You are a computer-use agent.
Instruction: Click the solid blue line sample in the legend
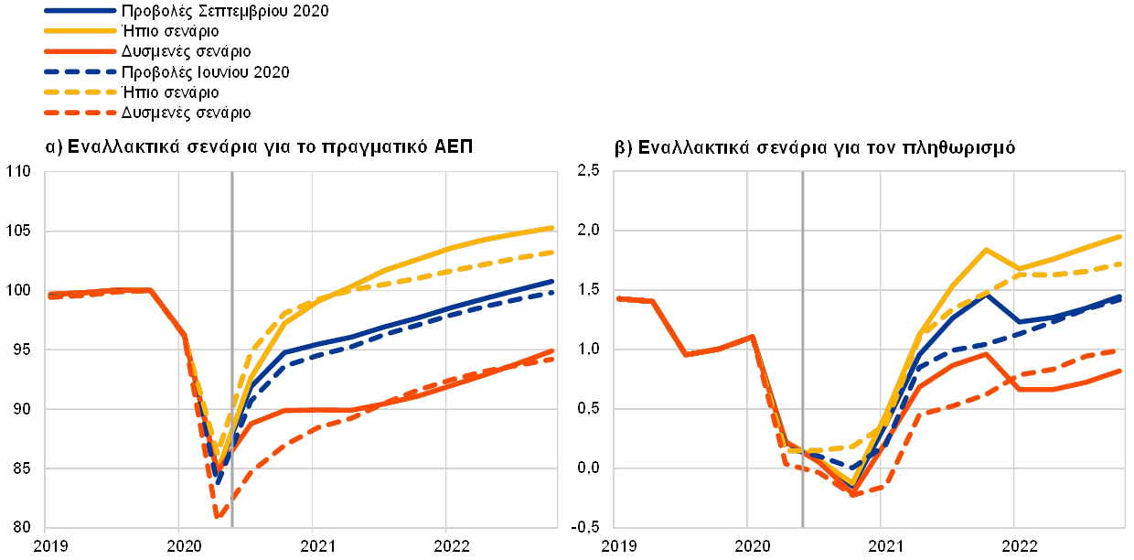[x=80, y=11]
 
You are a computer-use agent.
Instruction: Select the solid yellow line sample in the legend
[x=80, y=31]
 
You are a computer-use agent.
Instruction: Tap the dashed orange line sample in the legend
[x=80, y=113]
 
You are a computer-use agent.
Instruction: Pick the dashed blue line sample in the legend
[x=80, y=71]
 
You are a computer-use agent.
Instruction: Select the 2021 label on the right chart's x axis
[x=882, y=545]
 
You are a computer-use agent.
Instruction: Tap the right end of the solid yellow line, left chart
[x=554, y=227]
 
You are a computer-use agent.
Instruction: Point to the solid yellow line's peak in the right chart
[x=986, y=249]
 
